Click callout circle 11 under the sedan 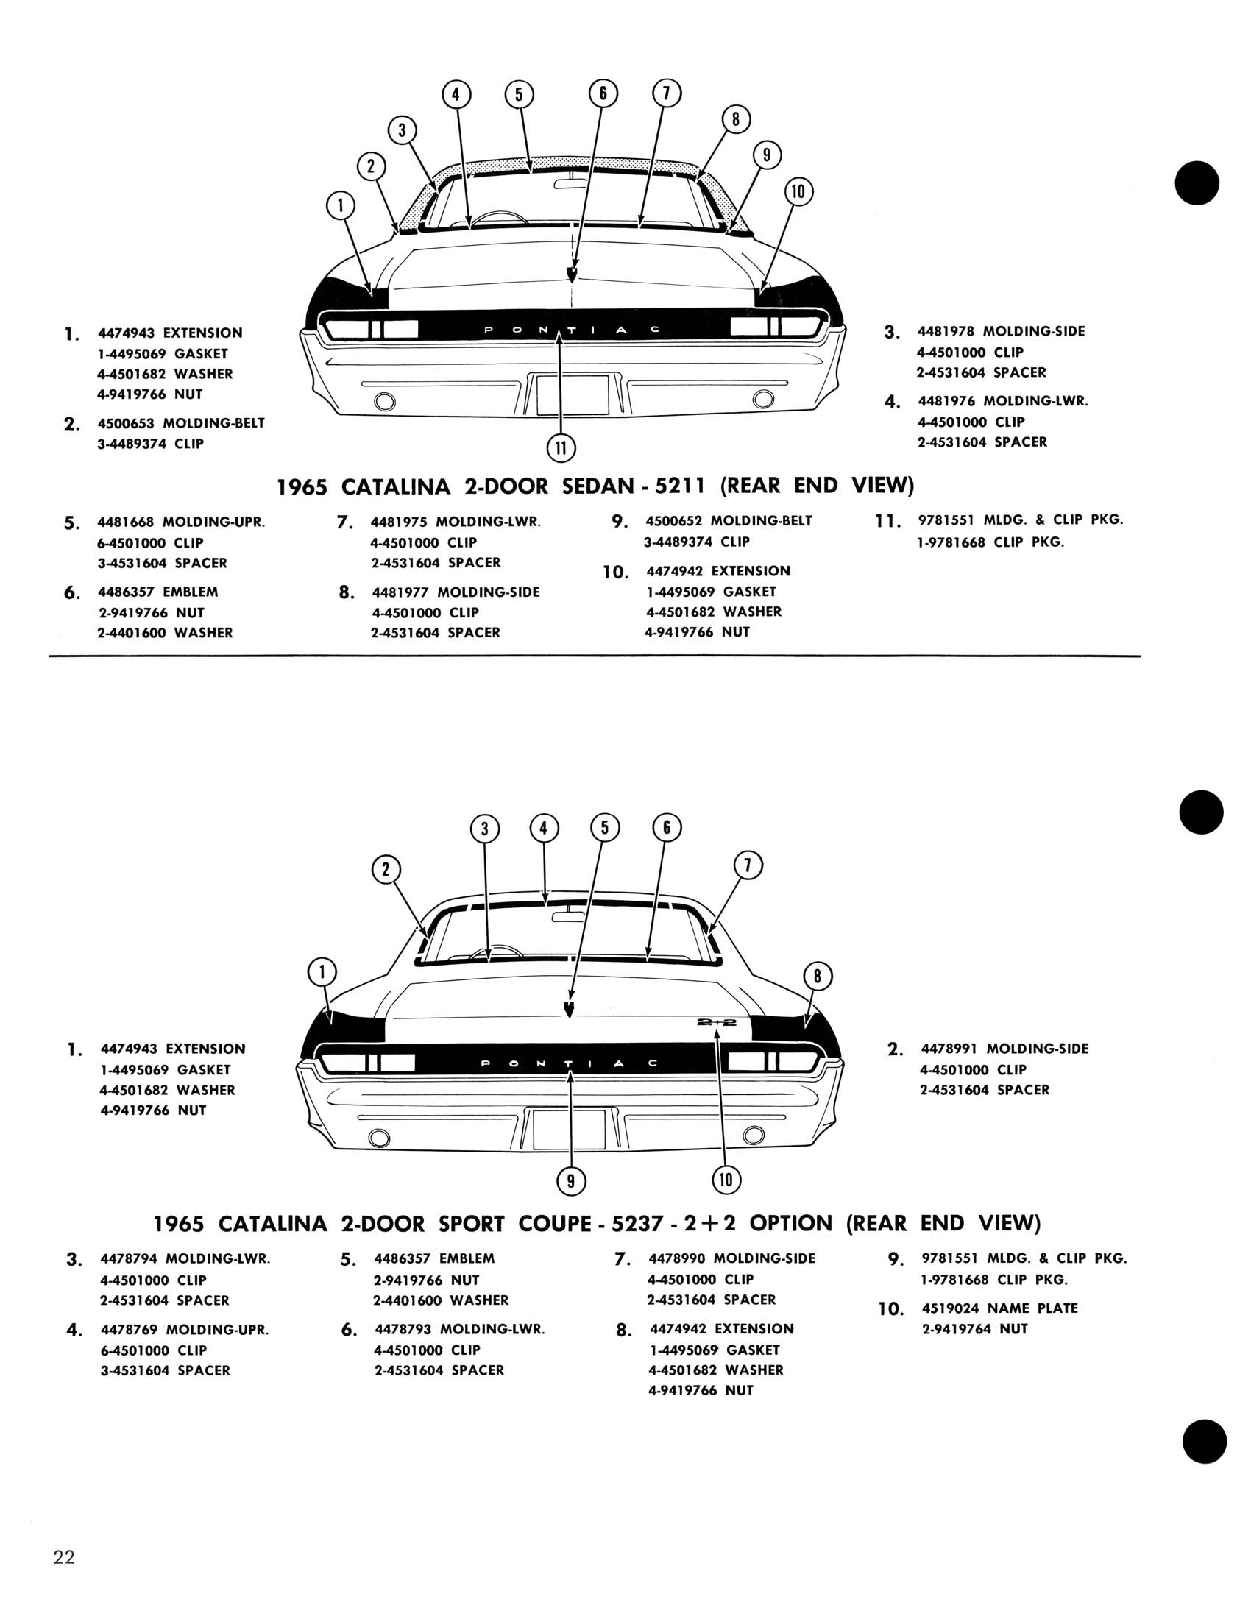[561, 447]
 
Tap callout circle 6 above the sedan [603, 93]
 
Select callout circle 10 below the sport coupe [726, 1180]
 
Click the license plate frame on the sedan [573, 394]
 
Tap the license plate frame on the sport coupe [569, 1129]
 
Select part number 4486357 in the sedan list [125, 592]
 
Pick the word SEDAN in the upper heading [595, 486]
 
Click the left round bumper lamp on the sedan [386, 401]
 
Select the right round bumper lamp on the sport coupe [753, 1135]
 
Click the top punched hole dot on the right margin [1197, 183]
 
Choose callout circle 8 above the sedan [735, 120]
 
